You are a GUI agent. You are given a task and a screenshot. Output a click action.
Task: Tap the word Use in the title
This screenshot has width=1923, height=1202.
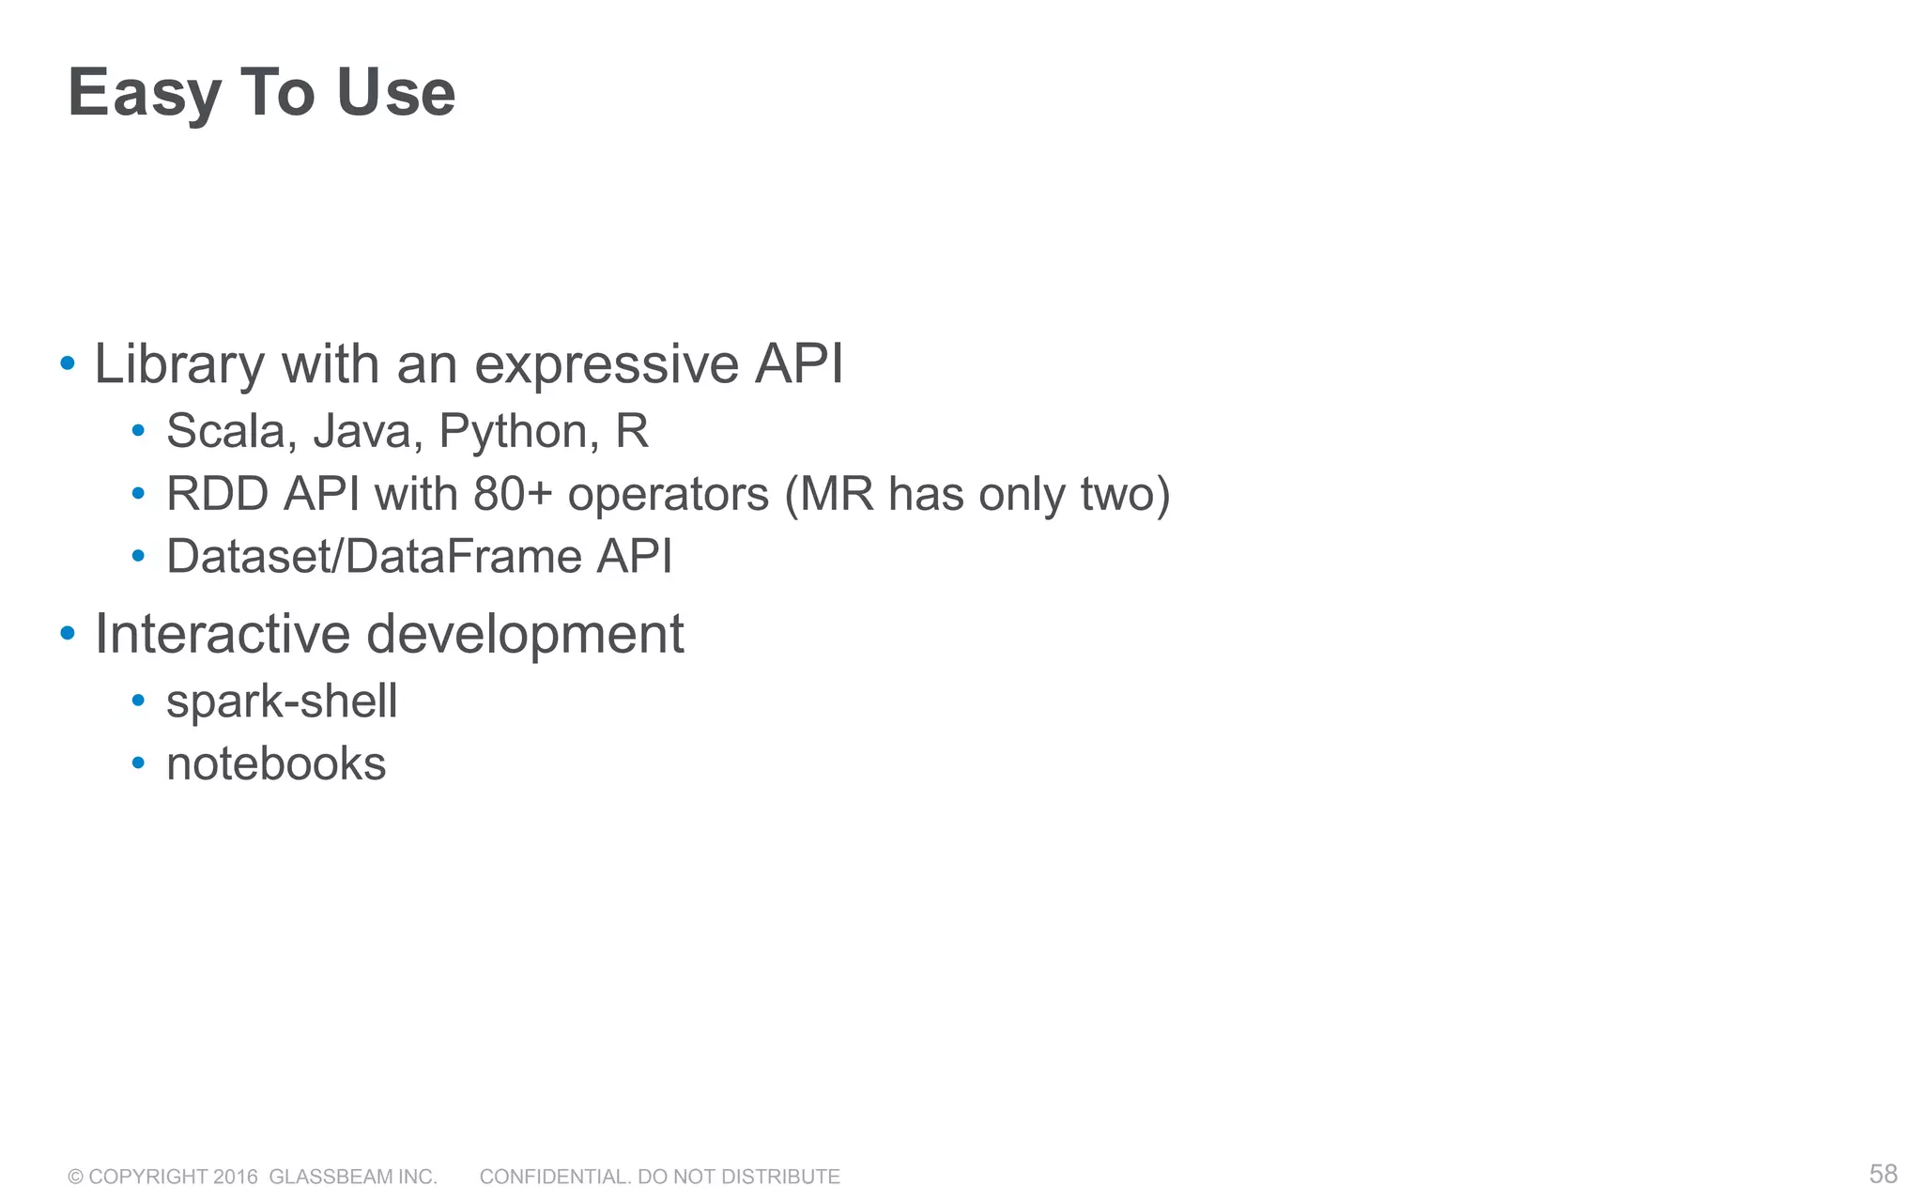pyautogui.click(x=395, y=94)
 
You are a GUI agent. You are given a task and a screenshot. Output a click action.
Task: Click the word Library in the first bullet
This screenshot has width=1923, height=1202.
pyautogui.click(x=179, y=364)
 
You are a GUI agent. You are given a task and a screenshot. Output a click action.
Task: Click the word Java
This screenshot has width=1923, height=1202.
pyautogui.click(x=362, y=431)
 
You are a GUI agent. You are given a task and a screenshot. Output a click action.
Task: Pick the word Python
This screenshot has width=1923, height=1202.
pyautogui.click(x=519, y=431)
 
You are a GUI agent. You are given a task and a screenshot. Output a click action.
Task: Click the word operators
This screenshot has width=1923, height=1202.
pyautogui.click(x=668, y=494)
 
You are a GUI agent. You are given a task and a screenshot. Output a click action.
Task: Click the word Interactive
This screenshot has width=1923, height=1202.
pyautogui.click(x=222, y=634)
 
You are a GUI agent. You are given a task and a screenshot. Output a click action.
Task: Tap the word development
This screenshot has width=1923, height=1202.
pyautogui.click(x=525, y=634)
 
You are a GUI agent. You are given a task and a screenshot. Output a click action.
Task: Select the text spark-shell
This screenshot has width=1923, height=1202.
pyautogui.click(x=282, y=701)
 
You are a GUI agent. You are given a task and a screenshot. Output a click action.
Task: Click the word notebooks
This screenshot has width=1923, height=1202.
pyautogui.click(x=276, y=763)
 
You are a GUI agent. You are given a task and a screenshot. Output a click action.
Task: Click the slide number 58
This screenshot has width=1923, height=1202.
pyautogui.click(x=1883, y=1174)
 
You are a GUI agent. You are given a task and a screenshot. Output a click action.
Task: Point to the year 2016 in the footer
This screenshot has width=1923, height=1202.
pyautogui.click(x=235, y=1177)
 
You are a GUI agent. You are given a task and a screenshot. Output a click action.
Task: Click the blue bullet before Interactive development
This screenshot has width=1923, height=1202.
pyautogui.click(x=67, y=634)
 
